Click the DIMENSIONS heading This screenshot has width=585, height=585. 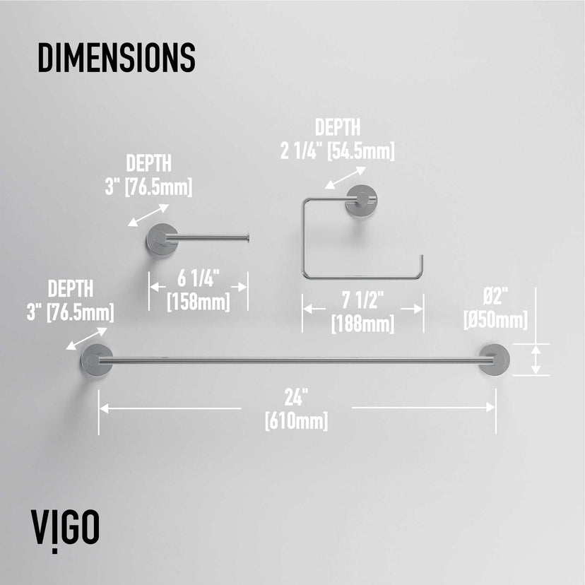click(117, 57)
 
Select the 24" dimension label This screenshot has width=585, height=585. click(297, 397)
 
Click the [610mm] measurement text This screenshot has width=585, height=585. click(296, 421)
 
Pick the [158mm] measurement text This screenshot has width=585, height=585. click(198, 302)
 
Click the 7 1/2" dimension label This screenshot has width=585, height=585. click(362, 300)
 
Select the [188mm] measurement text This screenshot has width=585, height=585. click(362, 324)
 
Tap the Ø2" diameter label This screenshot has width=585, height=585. click(495, 297)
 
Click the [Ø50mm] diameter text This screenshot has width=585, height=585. click(495, 320)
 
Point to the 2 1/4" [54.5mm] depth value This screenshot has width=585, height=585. click(337, 151)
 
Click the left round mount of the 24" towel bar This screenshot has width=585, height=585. click(97, 360)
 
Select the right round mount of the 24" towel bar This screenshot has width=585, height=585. click(494, 360)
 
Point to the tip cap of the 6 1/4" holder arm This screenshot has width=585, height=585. click(248, 237)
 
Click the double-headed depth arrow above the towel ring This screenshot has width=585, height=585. click(345, 177)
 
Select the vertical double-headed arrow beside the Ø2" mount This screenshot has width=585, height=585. click(536, 360)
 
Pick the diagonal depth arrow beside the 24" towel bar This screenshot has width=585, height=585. click(87, 338)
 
